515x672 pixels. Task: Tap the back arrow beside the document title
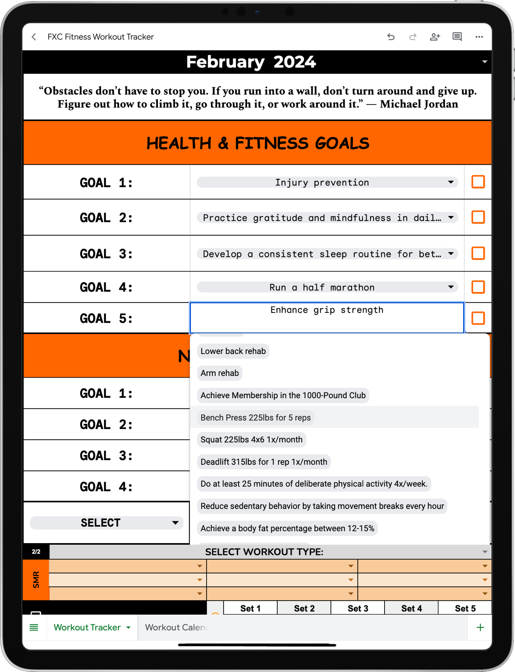(34, 37)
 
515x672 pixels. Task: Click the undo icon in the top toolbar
(391, 37)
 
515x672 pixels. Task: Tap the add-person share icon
(434, 37)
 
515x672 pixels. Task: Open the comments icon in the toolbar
(457, 37)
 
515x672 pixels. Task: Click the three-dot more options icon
(479, 37)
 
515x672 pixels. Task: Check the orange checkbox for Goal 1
(478, 182)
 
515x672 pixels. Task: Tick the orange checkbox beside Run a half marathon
(478, 287)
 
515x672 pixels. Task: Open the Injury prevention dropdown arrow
(451, 182)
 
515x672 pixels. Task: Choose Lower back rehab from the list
(233, 351)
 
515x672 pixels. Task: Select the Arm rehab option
(220, 373)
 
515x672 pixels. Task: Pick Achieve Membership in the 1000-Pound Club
(283, 395)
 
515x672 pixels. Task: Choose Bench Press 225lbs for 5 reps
(255, 417)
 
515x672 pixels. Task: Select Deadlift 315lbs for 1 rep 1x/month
(264, 462)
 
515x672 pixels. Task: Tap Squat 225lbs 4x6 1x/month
(251, 439)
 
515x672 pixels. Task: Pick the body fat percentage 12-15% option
(287, 528)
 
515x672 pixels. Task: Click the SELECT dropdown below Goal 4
(106, 523)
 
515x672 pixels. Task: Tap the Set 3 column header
(357, 608)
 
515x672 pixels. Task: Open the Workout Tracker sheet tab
(87, 627)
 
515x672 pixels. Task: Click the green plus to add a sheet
(480, 627)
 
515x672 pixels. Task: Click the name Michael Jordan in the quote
(419, 104)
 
